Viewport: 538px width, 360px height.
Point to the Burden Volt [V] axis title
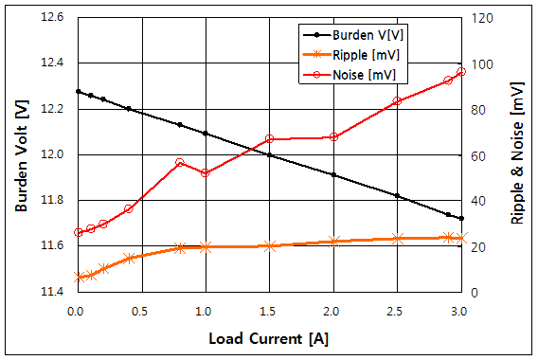point(20,154)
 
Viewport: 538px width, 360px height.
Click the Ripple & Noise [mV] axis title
point(517,154)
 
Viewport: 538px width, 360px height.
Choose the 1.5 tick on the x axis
point(269,310)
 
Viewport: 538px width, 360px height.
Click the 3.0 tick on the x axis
point(461,310)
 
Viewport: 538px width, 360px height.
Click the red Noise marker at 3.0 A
point(461,72)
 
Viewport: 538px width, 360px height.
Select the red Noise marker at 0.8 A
point(180,163)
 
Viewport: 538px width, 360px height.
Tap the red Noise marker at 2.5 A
point(397,101)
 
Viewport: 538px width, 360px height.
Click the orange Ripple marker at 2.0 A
point(333,242)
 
